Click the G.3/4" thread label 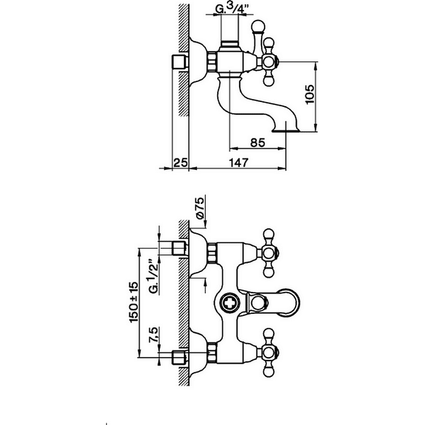[232, 8]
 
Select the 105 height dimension [310, 94]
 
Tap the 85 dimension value [257, 143]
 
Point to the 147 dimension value [239, 162]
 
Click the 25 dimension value [180, 163]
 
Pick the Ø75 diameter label [200, 208]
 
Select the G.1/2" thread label [154, 277]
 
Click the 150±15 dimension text [134, 302]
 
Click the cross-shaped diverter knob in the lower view [229, 303]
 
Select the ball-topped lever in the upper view [257, 36]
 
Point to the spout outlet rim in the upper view [286, 131]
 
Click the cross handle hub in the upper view [268, 62]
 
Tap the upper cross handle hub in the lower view [268, 253]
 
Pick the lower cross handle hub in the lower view [268, 353]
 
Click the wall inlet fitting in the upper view [180, 62]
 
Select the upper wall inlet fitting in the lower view [180, 248]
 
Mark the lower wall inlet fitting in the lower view [180, 358]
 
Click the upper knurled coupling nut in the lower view [212, 253]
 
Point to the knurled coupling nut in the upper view [212, 62]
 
